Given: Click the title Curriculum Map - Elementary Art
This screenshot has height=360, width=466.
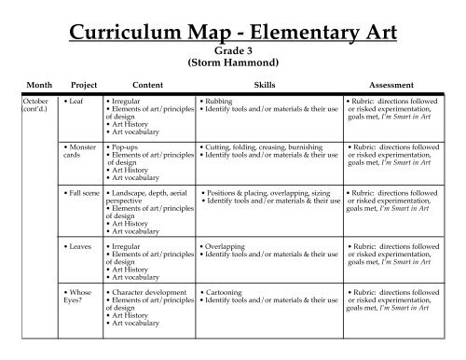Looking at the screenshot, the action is point(232,36).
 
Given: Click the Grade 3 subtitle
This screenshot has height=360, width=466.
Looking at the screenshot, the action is point(233,54).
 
